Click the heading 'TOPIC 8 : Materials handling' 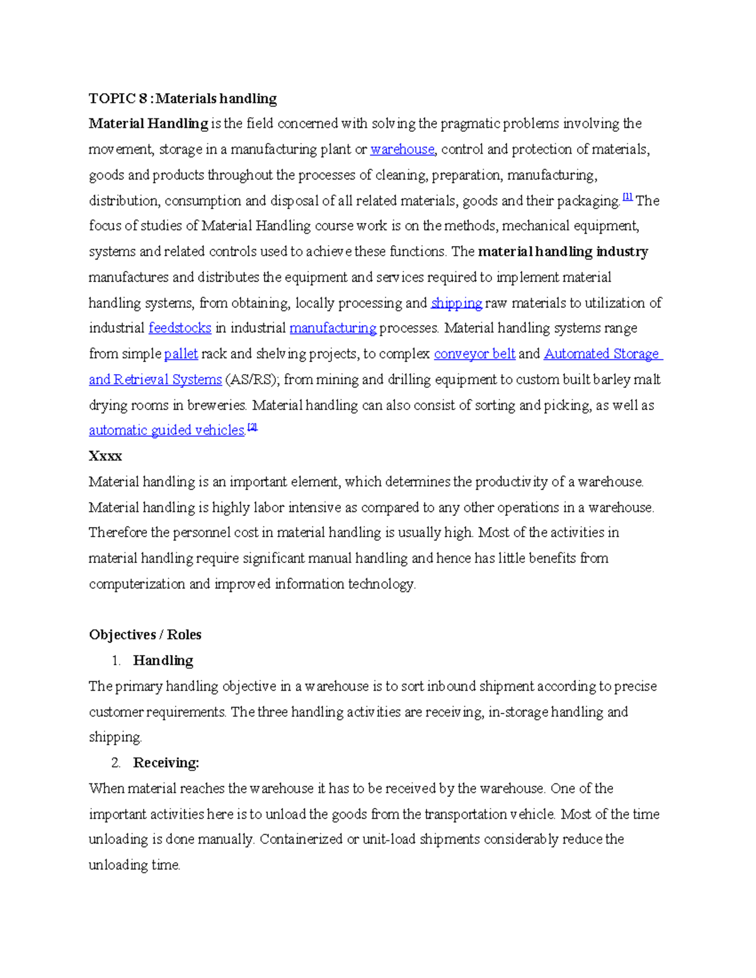183,98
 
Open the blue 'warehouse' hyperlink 402,149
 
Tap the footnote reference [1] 627,197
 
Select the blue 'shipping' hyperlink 456,303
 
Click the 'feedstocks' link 180,328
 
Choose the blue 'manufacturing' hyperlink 333,328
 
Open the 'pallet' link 181,354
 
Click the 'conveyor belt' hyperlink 474,354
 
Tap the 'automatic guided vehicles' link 166,431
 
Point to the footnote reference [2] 253,427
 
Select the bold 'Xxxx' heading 105,456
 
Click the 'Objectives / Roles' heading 145,635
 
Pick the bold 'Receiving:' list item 166,763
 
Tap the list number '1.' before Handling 115,661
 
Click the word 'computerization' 137,584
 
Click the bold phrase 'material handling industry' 563,252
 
